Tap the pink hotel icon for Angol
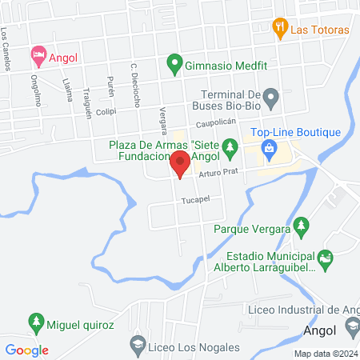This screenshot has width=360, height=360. click(x=38, y=56)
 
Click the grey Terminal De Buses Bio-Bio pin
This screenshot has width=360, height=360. click(x=271, y=99)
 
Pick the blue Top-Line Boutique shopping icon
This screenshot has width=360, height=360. click(x=270, y=147)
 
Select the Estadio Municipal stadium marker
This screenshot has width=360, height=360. click(x=325, y=258)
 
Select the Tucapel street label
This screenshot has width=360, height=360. click(x=194, y=199)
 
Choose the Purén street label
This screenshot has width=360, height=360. click(x=111, y=86)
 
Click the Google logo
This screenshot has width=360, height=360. click(x=27, y=350)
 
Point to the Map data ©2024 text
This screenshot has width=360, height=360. click(x=324, y=354)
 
